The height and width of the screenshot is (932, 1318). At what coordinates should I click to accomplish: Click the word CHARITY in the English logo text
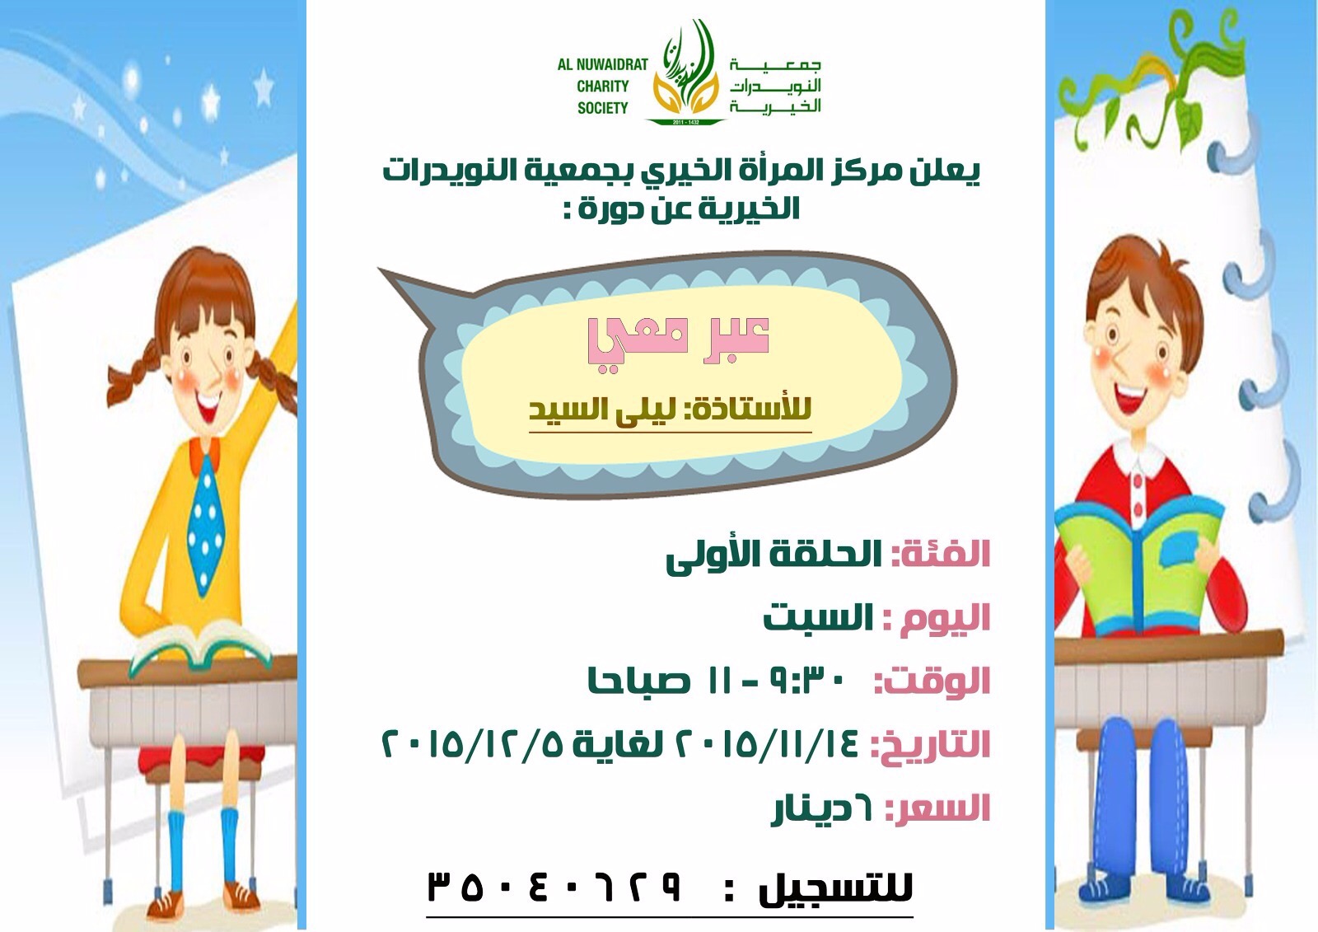click(x=602, y=86)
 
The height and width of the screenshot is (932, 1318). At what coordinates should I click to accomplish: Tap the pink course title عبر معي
click(x=679, y=340)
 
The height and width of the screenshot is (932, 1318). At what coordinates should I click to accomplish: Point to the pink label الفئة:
click(x=942, y=554)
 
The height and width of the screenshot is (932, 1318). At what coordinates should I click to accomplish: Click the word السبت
click(x=818, y=617)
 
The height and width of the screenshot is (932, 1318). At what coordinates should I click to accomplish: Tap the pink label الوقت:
click(x=932, y=681)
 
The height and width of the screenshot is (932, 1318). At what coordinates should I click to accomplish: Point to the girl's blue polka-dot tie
click(x=204, y=518)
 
